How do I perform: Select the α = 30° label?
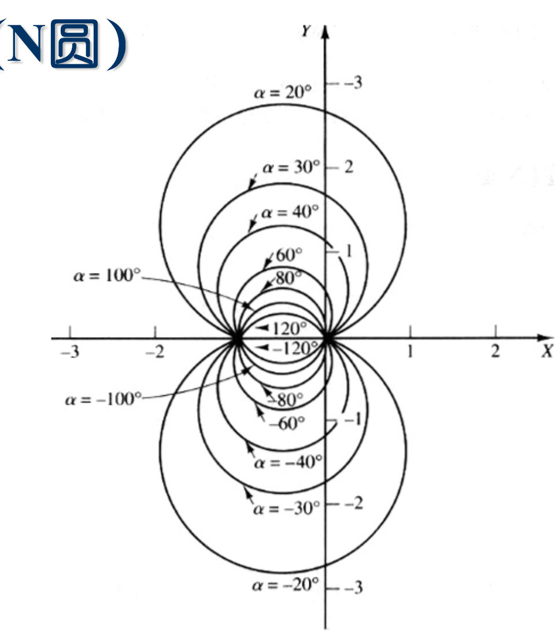[291, 168]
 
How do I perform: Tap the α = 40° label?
[290, 212]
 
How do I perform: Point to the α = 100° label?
[107, 275]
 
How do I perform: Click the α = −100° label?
[103, 399]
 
